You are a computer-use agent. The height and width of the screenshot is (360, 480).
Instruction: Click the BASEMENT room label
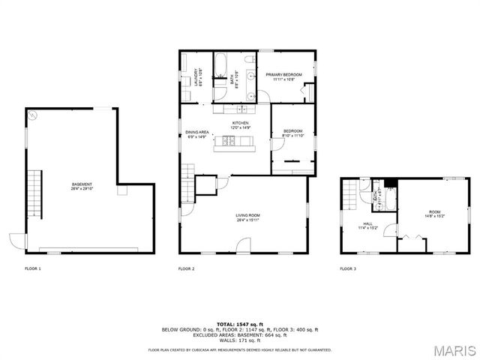pos(82,186)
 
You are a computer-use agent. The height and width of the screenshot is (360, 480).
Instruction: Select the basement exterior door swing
pos(16,241)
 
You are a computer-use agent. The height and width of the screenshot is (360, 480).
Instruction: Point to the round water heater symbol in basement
pos(33,116)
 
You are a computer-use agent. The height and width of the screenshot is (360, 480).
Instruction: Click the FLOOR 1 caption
pos(33,268)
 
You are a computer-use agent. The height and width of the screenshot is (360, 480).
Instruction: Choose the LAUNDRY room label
pos(198,77)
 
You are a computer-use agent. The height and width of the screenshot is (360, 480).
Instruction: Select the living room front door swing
pos(244,245)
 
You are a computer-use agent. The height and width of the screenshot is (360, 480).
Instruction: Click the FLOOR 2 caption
pos(186,268)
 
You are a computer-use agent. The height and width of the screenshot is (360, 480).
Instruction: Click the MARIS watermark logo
pos(454,350)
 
